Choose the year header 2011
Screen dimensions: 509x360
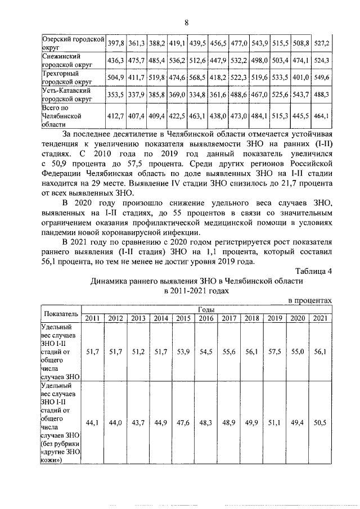click(92, 318)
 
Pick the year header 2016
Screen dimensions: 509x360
click(206, 318)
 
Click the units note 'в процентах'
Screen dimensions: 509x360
click(309, 301)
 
